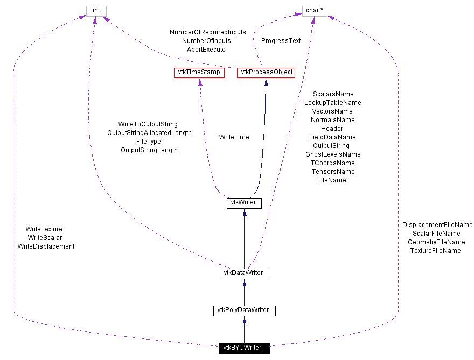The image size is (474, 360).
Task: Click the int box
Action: click(96, 11)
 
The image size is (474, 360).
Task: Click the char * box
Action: click(315, 11)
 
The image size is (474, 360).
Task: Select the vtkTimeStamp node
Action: click(199, 72)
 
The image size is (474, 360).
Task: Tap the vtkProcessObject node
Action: click(266, 72)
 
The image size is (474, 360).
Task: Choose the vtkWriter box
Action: click(244, 203)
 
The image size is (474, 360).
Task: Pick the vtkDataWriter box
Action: click(244, 273)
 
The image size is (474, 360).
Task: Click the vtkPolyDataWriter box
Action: click(244, 310)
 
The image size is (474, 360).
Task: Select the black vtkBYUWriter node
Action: click(244, 348)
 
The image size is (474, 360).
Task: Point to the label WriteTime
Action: click(234, 137)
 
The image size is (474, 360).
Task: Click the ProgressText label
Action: click(281, 40)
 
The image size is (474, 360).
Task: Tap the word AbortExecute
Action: click(206, 50)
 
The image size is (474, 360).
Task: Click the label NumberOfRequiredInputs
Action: click(207, 32)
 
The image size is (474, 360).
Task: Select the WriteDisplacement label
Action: click(46, 246)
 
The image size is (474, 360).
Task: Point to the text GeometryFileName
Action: click(436, 242)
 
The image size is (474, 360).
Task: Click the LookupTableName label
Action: click(332, 103)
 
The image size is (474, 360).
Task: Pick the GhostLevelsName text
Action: click(332, 154)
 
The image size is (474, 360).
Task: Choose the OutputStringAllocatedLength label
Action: click(149, 133)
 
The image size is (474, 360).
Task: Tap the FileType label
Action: click(149, 142)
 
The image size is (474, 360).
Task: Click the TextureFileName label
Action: click(436, 251)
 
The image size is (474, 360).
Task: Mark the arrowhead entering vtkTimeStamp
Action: click(200, 81)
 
